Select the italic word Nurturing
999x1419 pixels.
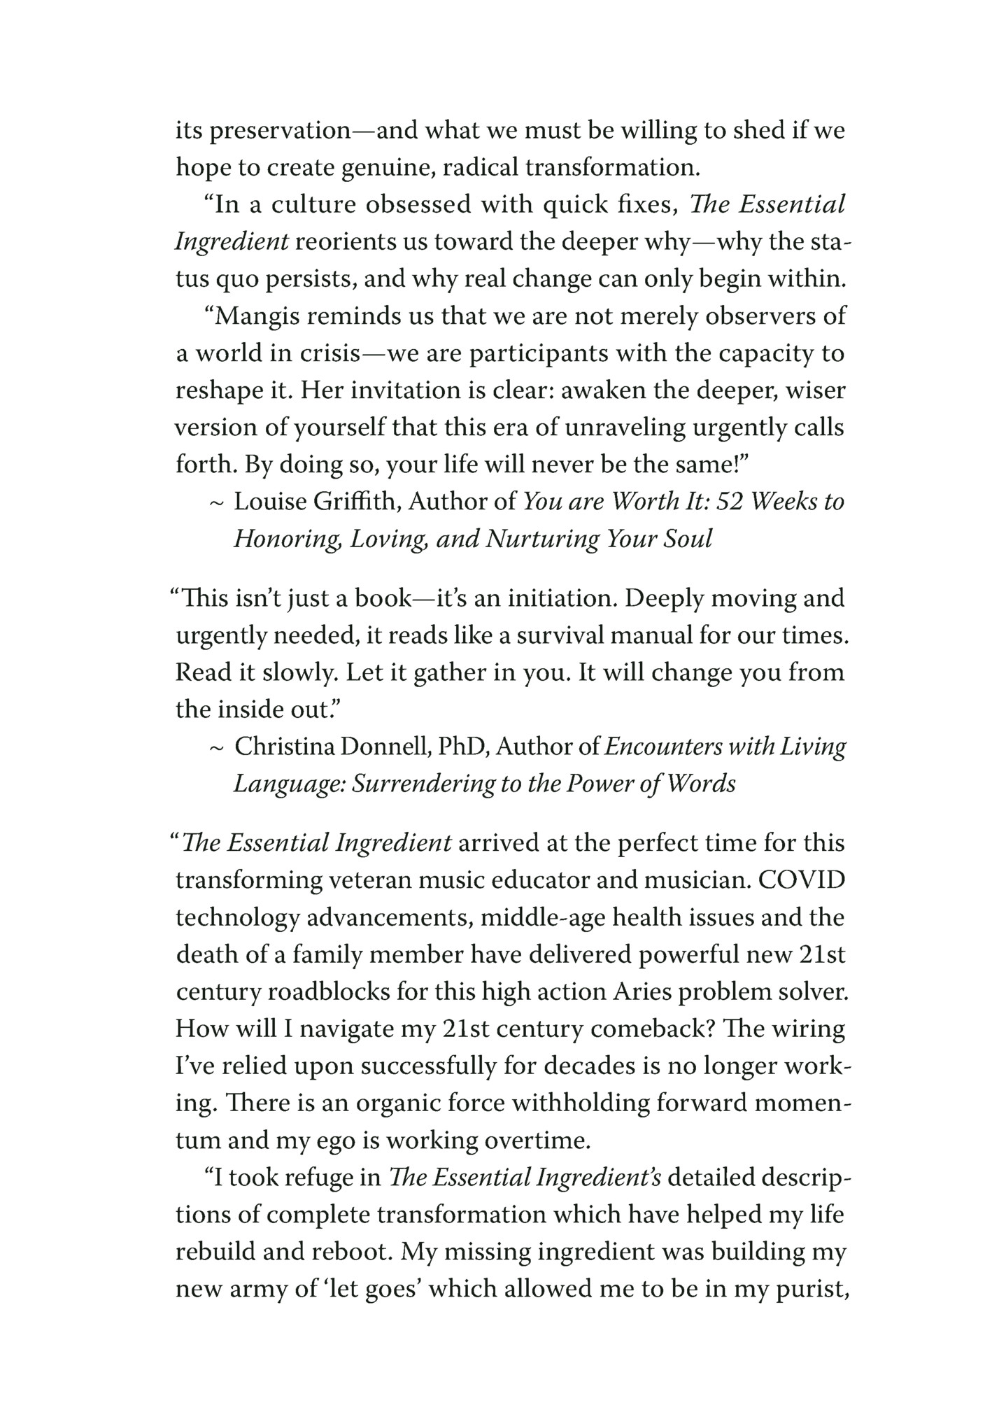(540, 539)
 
